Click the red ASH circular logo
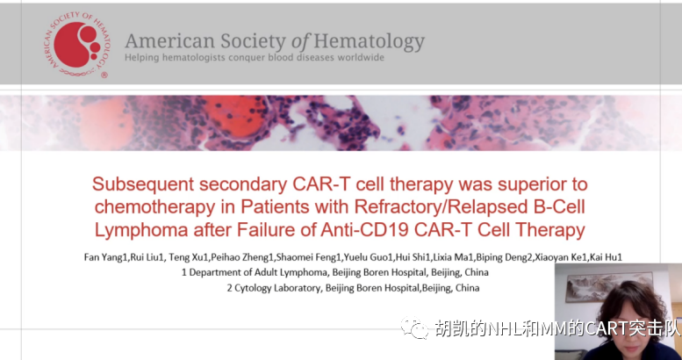[x=76, y=45]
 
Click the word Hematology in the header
[x=369, y=42]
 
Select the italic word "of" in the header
[x=300, y=41]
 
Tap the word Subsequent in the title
[x=143, y=184]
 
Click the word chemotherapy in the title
[x=154, y=207]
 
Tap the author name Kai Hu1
[x=606, y=257]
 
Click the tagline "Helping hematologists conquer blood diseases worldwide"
[x=255, y=57]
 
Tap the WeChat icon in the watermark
[x=414, y=328]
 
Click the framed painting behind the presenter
[x=609, y=287]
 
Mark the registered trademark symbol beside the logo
[x=104, y=75]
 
